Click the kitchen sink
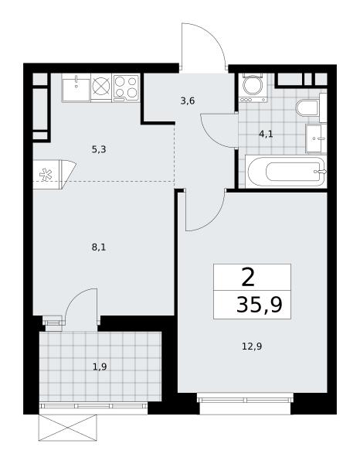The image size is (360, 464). (x=76, y=88)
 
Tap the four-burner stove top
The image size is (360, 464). (x=126, y=87)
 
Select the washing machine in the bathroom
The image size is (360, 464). (x=253, y=88)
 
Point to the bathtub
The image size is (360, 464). (x=286, y=172)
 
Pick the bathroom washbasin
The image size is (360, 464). (x=316, y=138)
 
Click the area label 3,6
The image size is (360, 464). (x=188, y=101)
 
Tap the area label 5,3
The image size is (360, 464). (x=99, y=150)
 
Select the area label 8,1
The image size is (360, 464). (x=99, y=247)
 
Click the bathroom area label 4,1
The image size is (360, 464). (x=266, y=135)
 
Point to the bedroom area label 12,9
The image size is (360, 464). (x=252, y=346)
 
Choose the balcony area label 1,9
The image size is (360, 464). (x=100, y=367)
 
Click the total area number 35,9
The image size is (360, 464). (x=260, y=305)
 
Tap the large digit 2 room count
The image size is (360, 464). (x=248, y=278)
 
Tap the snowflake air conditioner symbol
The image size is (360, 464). (x=46, y=174)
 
